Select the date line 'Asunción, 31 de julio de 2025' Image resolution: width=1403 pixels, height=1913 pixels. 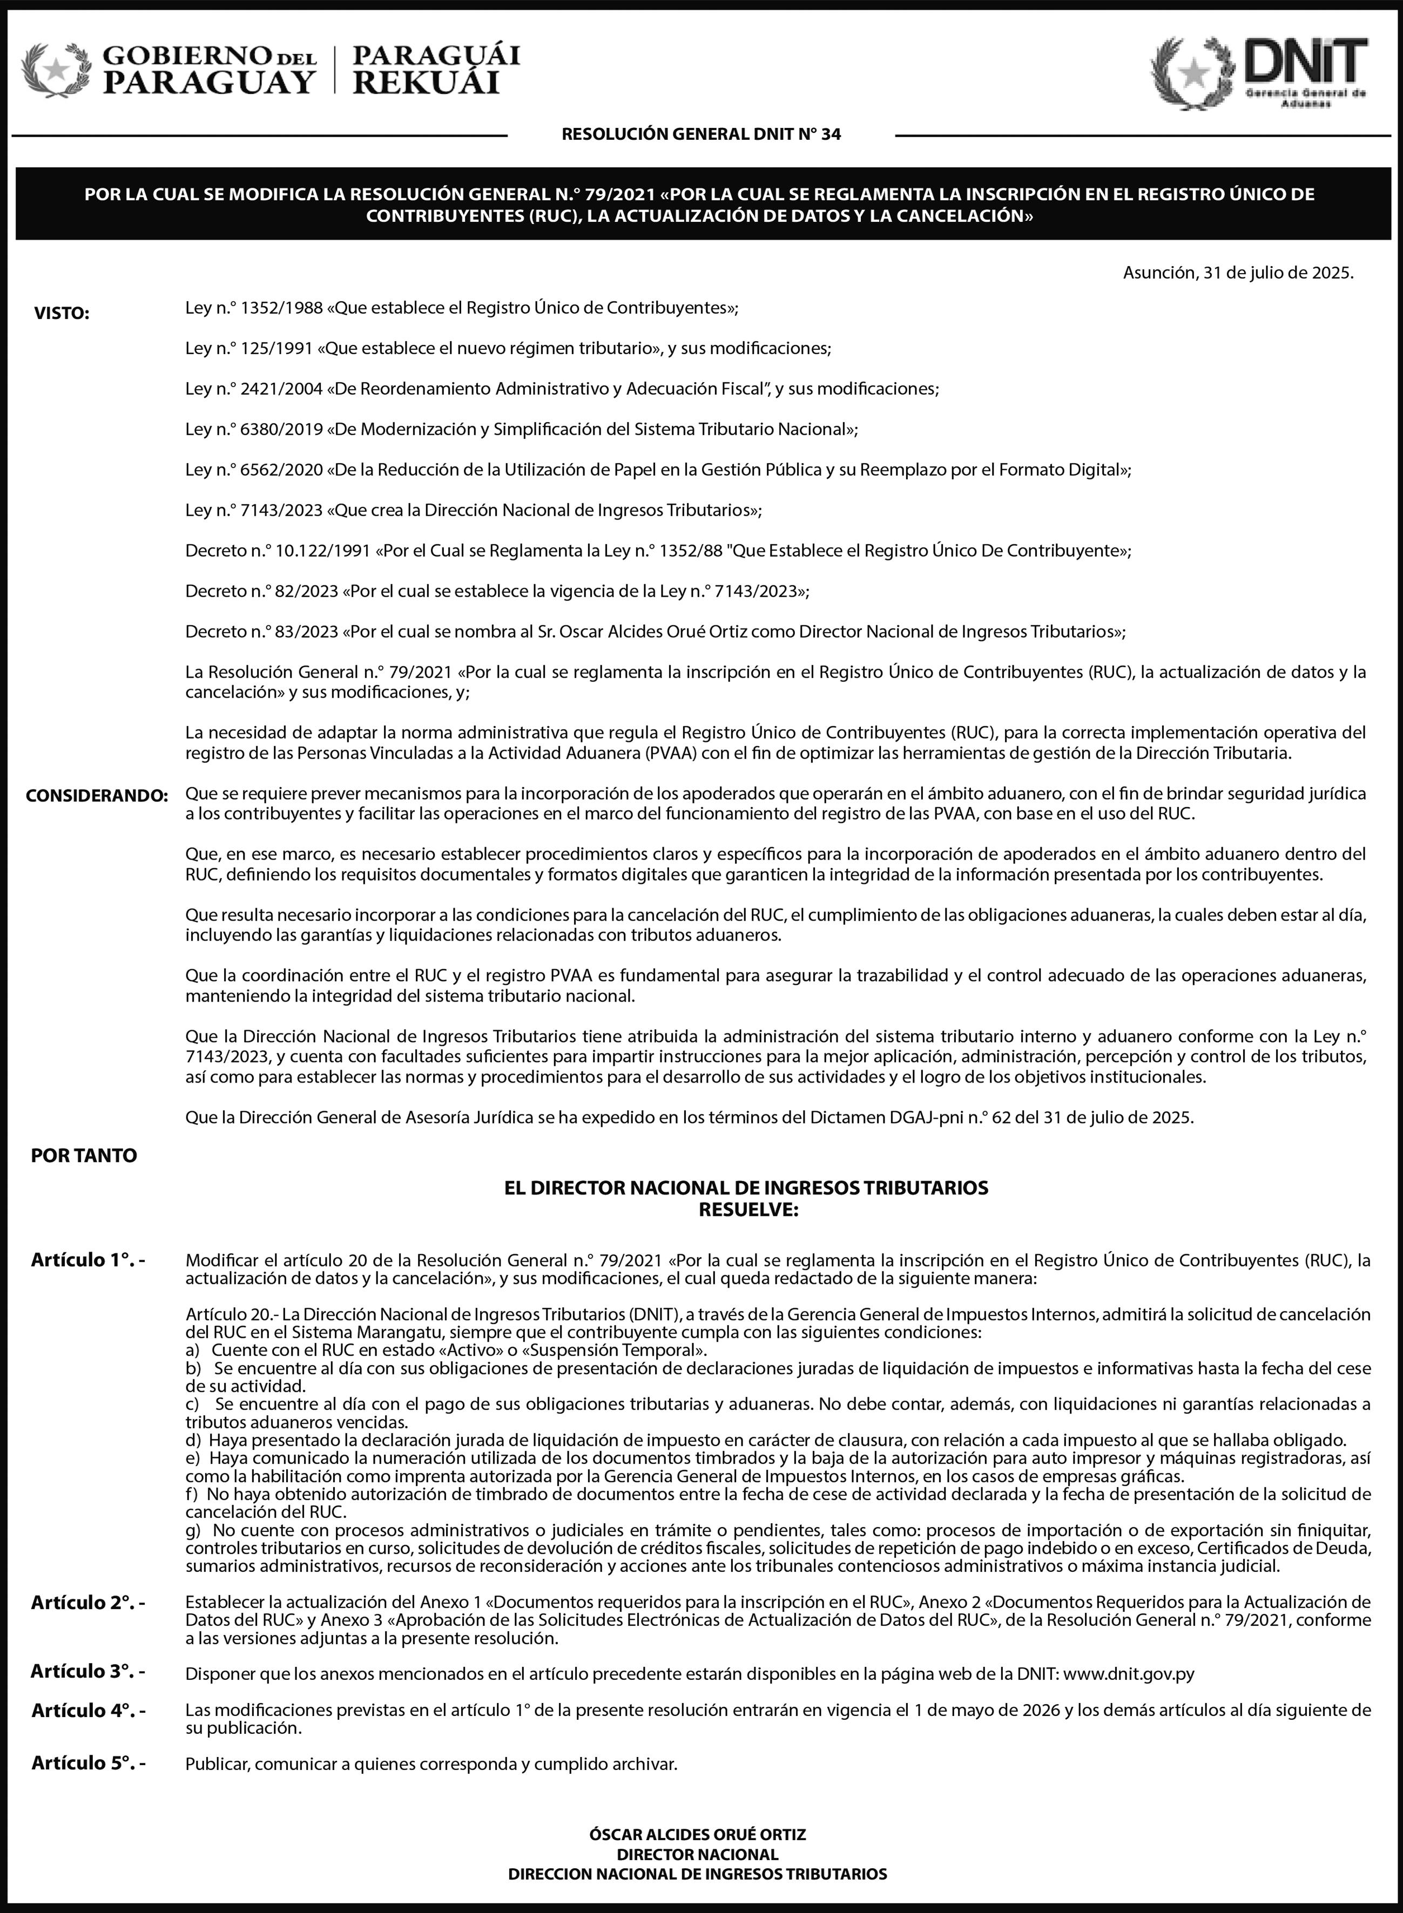click(1237, 273)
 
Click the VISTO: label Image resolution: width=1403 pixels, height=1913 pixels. click(61, 313)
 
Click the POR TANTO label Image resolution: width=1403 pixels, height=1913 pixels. click(83, 1155)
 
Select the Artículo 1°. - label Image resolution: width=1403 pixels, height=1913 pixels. click(87, 1260)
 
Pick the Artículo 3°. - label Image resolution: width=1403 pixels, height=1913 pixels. click(87, 1671)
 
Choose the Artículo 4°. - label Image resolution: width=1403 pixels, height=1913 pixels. click(87, 1710)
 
